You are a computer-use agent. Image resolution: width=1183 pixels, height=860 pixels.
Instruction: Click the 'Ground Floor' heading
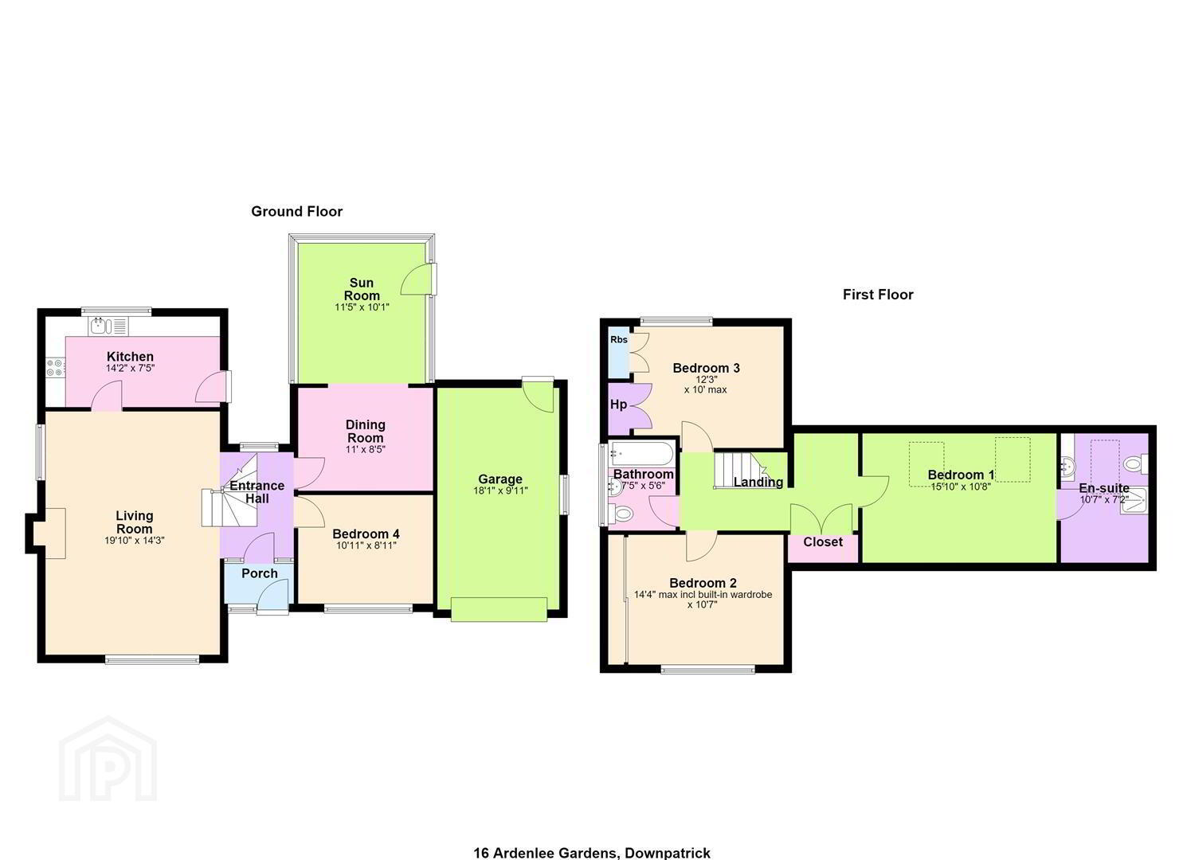pos(297,212)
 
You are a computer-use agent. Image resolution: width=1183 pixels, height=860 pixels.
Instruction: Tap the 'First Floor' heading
pos(878,295)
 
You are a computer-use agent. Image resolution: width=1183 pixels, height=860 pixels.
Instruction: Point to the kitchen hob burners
pos(56,367)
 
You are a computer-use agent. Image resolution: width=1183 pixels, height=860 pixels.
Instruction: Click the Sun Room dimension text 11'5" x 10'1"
pos(362,307)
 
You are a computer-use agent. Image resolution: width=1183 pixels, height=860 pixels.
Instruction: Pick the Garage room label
pos(500,479)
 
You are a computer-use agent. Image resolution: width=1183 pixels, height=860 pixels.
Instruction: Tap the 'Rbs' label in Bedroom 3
pos(619,339)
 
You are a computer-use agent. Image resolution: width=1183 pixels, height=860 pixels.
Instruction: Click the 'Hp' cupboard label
pos(618,405)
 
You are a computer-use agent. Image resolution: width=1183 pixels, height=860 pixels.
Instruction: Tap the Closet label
pos(823,541)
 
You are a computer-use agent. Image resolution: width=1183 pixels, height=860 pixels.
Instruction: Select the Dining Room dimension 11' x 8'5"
pos(365,450)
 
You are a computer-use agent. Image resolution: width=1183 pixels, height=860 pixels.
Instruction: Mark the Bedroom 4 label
pos(366,534)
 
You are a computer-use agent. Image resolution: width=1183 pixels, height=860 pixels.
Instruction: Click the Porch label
pos(260,573)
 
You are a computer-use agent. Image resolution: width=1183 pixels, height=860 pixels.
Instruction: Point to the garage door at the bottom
pos(499,609)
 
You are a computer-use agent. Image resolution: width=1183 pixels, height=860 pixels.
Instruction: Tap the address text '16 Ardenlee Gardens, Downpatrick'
pos(592,853)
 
